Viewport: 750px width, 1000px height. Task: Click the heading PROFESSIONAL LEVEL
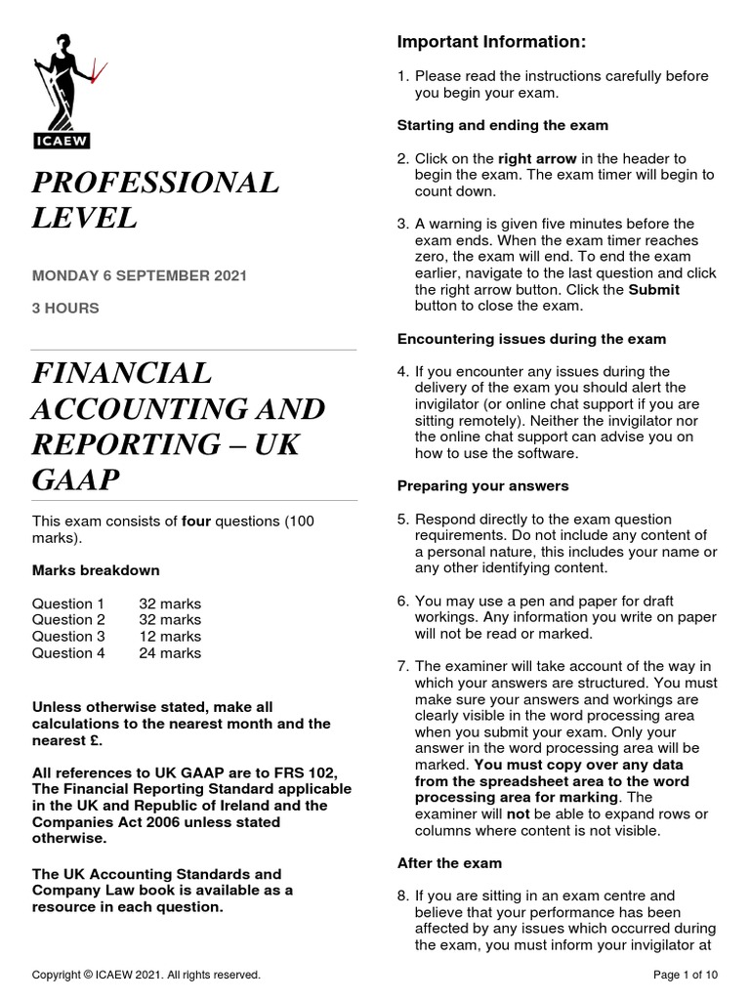click(155, 199)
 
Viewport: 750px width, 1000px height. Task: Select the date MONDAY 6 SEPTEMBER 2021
click(140, 275)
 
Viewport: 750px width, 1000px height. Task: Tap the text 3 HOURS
click(65, 308)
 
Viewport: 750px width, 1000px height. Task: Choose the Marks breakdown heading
click(96, 570)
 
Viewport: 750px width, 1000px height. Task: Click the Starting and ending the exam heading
click(502, 125)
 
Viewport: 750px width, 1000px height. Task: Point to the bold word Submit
click(653, 290)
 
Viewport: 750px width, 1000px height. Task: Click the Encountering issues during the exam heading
click(531, 339)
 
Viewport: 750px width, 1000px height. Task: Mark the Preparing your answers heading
click(482, 485)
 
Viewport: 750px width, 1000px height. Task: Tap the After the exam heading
click(449, 863)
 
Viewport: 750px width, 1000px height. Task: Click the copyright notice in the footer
click(146, 975)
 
